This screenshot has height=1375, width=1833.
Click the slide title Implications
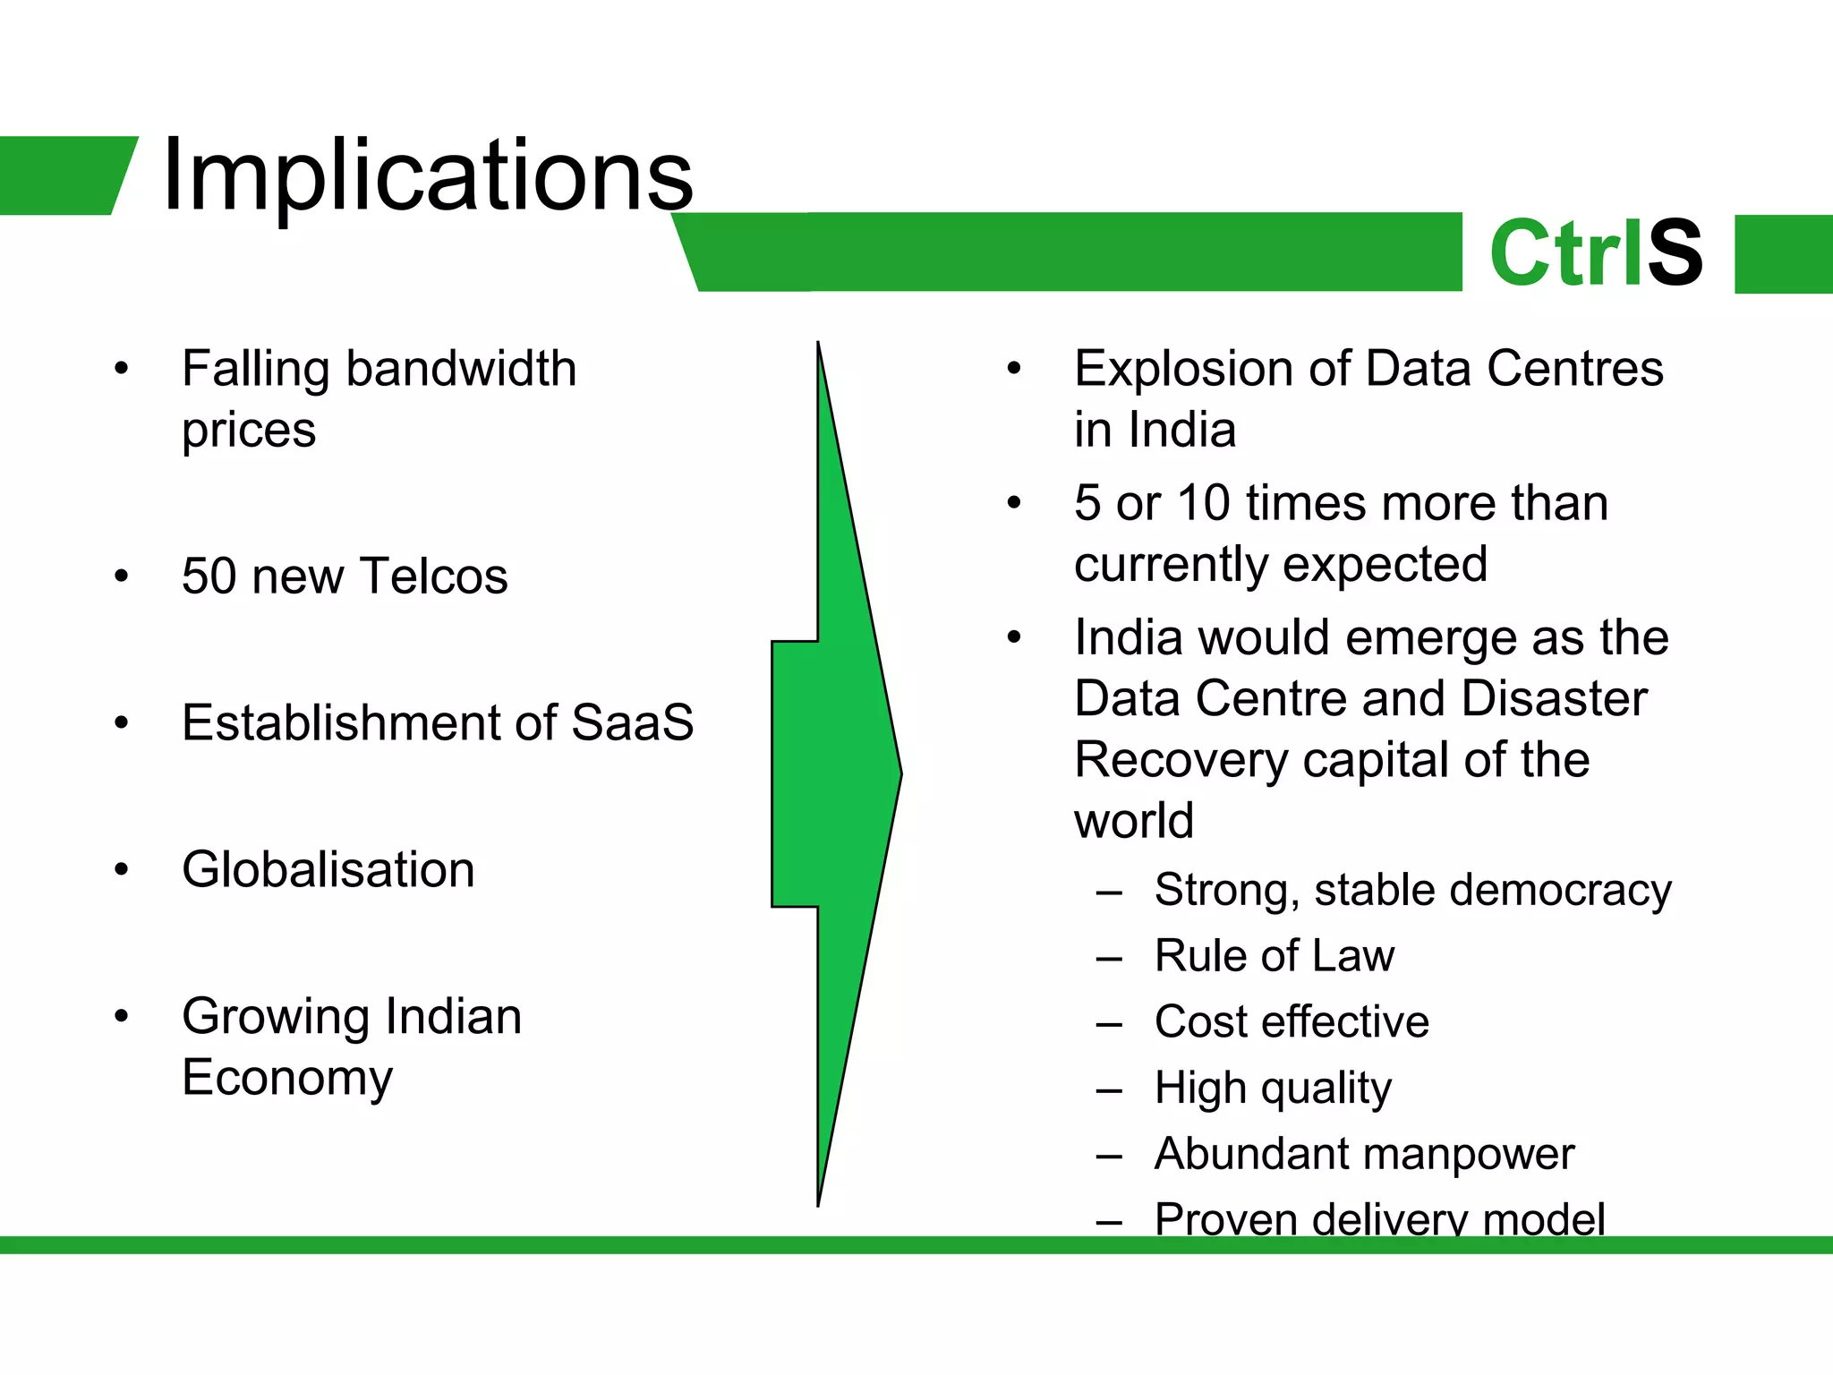(x=427, y=175)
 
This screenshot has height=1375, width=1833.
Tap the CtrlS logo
(x=1595, y=253)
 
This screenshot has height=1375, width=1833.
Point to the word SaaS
(x=632, y=722)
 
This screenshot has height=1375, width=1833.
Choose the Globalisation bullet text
(x=328, y=869)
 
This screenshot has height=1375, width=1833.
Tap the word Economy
(x=286, y=1078)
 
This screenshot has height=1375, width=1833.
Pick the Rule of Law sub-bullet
(x=1274, y=956)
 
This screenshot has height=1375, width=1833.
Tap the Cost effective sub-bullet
(x=1292, y=1021)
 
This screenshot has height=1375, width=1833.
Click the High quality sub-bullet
(x=1273, y=1089)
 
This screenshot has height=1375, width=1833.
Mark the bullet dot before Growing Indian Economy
(x=122, y=1016)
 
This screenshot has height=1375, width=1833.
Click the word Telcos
(x=434, y=576)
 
